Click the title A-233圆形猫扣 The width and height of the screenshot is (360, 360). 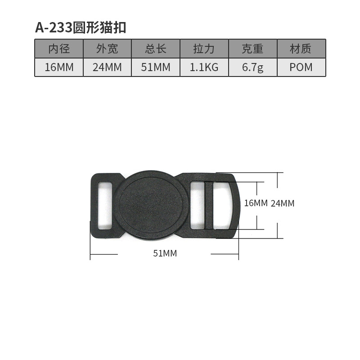(81, 28)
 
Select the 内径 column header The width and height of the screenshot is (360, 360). (59, 49)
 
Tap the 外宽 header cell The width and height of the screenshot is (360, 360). (107, 49)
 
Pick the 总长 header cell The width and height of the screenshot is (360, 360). (156, 49)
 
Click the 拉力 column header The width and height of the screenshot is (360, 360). (204, 49)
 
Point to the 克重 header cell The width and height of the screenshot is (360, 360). (252, 49)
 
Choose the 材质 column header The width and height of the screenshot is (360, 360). (301, 49)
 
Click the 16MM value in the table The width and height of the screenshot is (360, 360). (59, 67)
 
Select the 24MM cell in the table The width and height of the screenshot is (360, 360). (107, 67)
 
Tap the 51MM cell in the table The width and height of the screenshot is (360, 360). (156, 67)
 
